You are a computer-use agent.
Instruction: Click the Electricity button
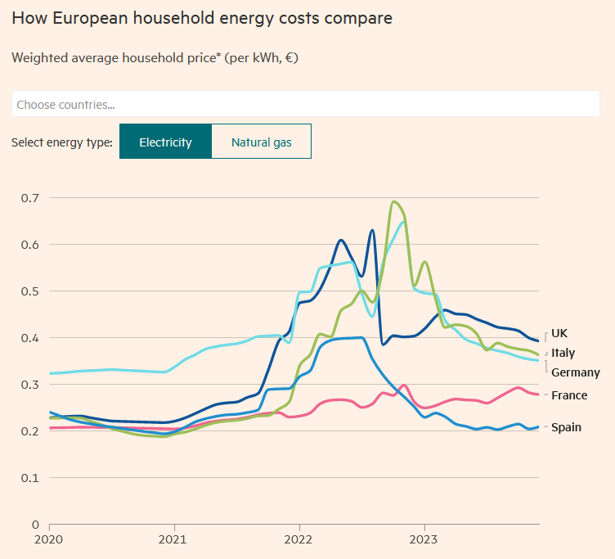pos(165,142)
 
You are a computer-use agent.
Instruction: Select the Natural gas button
pos(261,142)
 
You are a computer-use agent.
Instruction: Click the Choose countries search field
pos(306,104)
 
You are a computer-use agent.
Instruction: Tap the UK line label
pos(559,333)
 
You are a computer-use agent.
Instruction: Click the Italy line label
pos(563,353)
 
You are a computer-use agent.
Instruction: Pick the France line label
pos(568,395)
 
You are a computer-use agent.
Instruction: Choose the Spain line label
pos(566,427)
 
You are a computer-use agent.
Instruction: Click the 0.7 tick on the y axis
pos(30,198)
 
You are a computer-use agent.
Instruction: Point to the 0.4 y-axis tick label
pos(30,338)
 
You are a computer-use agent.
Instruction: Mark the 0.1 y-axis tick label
pos(30,478)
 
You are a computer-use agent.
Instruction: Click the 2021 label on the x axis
pos(173,540)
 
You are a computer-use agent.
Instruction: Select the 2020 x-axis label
pos(49,540)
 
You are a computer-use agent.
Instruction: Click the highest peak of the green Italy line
pos(394,201)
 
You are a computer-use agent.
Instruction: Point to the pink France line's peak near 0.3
pos(404,385)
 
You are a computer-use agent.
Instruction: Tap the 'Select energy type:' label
pos(62,142)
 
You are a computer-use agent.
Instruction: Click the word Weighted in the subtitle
pos(38,58)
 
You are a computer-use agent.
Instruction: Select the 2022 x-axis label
pos(299,540)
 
